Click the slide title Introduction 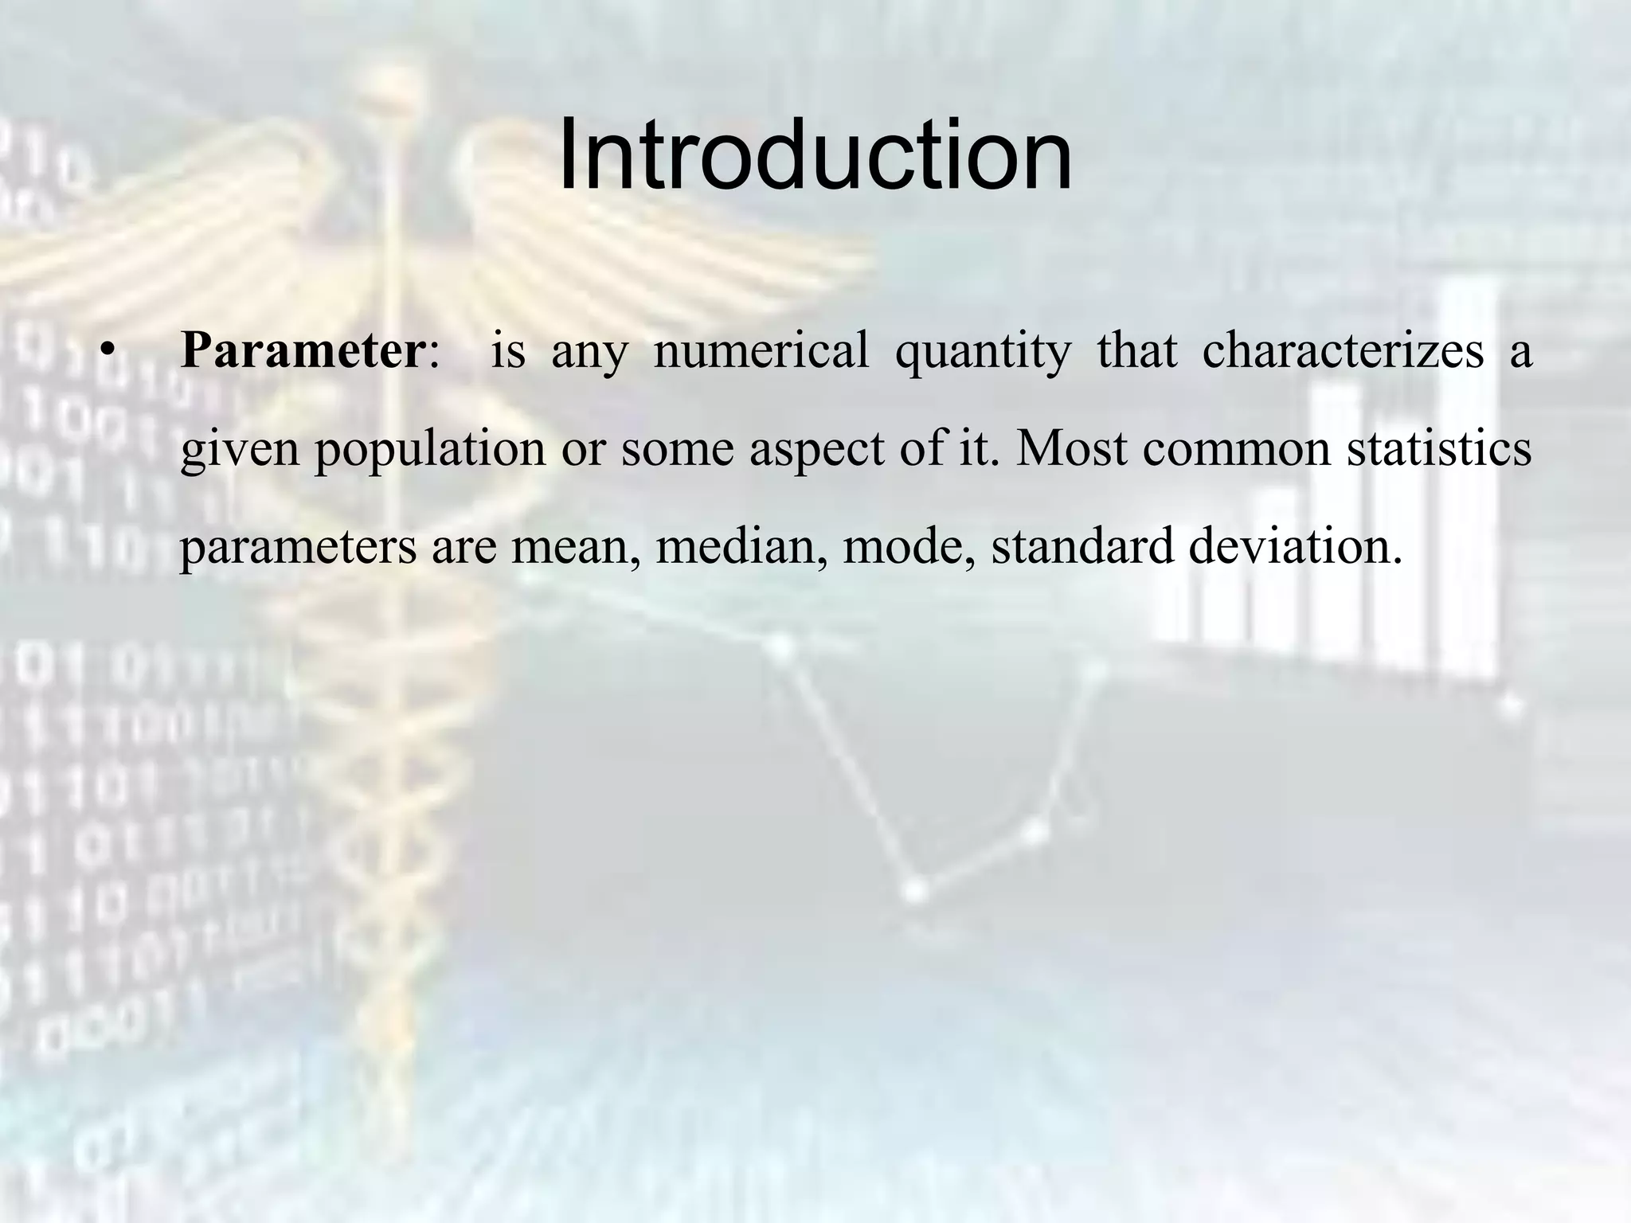tap(815, 155)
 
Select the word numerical tap(761, 351)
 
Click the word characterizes tap(1343, 351)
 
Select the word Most tap(1071, 448)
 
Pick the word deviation tap(1294, 546)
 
